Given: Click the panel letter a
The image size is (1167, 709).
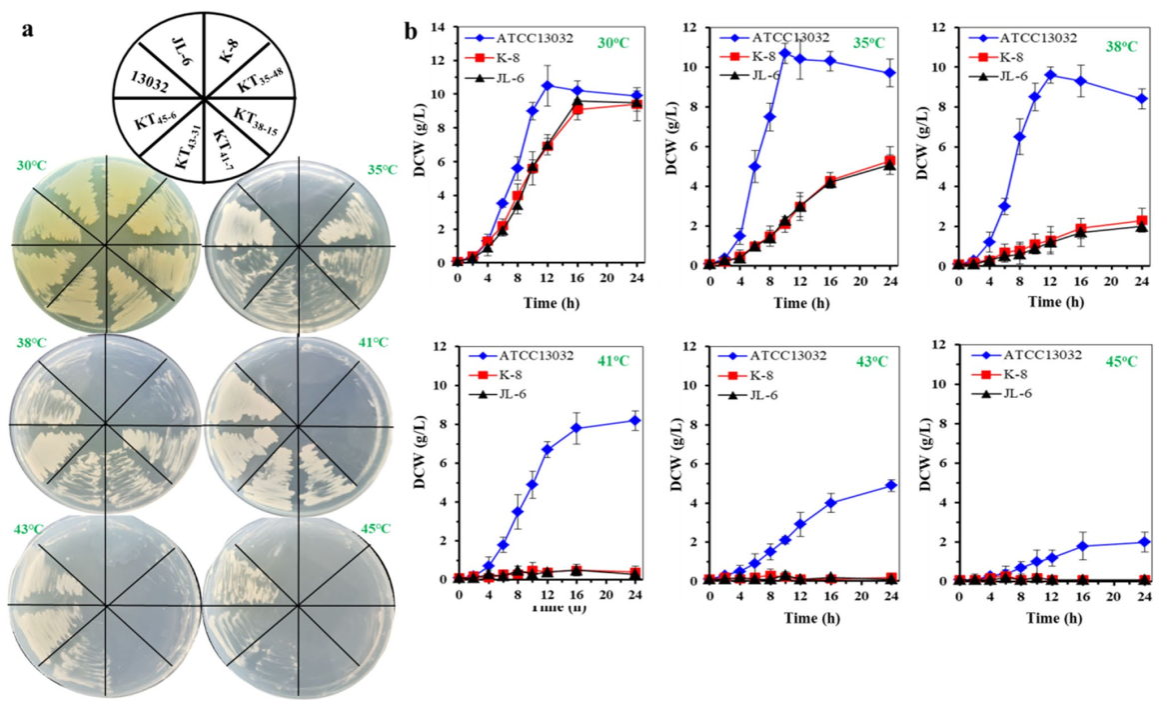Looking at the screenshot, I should coord(28,29).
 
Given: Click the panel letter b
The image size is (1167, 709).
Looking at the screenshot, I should coord(412,32).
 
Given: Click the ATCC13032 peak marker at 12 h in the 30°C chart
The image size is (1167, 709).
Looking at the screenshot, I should coord(547,85).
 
